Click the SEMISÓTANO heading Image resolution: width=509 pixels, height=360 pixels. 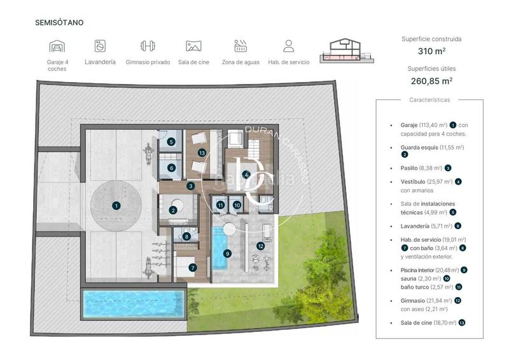[x=59, y=22]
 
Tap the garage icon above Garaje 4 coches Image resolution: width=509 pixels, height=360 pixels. [x=57, y=46]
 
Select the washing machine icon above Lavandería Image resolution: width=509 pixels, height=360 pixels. [x=100, y=46]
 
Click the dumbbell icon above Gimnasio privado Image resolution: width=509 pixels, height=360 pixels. [x=148, y=46]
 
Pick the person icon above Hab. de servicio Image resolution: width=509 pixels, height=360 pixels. [x=288, y=46]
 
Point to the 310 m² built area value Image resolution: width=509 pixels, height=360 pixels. [x=432, y=51]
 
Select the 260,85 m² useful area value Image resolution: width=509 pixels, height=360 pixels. [x=432, y=81]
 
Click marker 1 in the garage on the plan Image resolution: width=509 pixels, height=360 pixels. [x=116, y=205]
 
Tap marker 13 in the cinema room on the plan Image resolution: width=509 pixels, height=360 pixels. [x=202, y=153]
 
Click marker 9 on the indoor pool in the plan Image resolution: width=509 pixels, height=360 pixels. [x=227, y=253]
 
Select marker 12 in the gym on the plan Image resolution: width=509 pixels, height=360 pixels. [x=260, y=246]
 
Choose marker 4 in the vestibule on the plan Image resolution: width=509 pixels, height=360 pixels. [x=246, y=174]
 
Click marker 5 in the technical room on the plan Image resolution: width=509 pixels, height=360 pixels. [x=171, y=142]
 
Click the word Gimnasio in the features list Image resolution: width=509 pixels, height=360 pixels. [x=414, y=300]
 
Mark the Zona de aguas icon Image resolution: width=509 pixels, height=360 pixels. [x=241, y=46]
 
